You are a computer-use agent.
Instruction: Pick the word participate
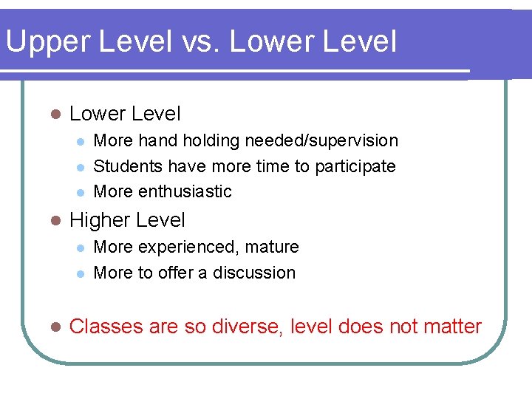pyautogui.click(x=355, y=166)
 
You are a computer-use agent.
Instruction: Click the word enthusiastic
pyautogui.click(x=185, y=191)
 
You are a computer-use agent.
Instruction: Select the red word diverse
pyautogui.click(x=246, y=327)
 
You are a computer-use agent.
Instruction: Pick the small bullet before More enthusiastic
pyautogui.click(x=81, y=192)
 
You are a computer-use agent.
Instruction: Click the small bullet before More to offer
pyautogui.click(x=81, y=273)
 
